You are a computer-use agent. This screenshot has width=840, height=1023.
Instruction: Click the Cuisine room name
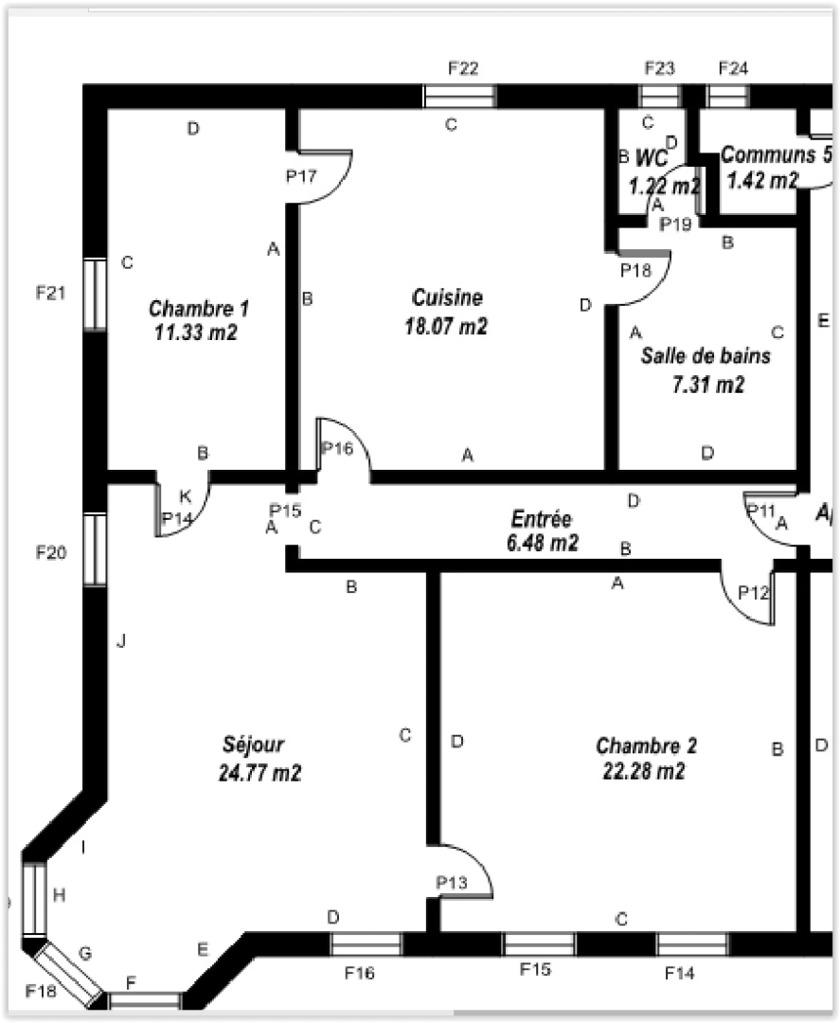[447, 297]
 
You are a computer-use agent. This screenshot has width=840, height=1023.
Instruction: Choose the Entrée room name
[541, 519]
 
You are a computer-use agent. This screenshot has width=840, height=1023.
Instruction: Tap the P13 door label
[452, 883]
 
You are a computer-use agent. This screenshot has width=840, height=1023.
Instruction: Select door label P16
[336, 448]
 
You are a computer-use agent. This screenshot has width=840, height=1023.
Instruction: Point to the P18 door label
[635, 270]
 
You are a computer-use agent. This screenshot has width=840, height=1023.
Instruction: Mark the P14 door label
[176, 518]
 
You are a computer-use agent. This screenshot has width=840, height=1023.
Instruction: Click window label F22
[462, 67]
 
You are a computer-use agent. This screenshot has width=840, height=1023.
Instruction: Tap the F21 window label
[50, 293]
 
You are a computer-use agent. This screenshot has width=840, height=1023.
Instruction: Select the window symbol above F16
[366, 943]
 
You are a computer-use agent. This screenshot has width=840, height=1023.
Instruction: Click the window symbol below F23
[659, 96]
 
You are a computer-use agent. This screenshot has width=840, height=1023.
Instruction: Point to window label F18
[41, 990]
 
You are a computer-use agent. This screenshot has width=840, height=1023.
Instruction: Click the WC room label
[652, 156]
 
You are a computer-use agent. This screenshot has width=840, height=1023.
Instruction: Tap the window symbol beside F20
[95, 549]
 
